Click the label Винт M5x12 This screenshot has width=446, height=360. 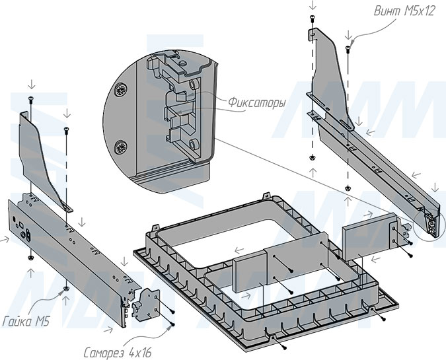click(404, 11)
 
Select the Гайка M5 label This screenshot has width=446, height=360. click(26, 322)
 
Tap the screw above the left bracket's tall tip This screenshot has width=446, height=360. click(31, 99)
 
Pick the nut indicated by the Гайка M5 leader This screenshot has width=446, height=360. click(66, 288)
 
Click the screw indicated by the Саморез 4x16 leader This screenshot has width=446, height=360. click(172, 323)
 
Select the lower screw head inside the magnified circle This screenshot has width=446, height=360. click(120, 146)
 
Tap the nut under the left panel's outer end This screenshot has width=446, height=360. click(30, 256)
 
